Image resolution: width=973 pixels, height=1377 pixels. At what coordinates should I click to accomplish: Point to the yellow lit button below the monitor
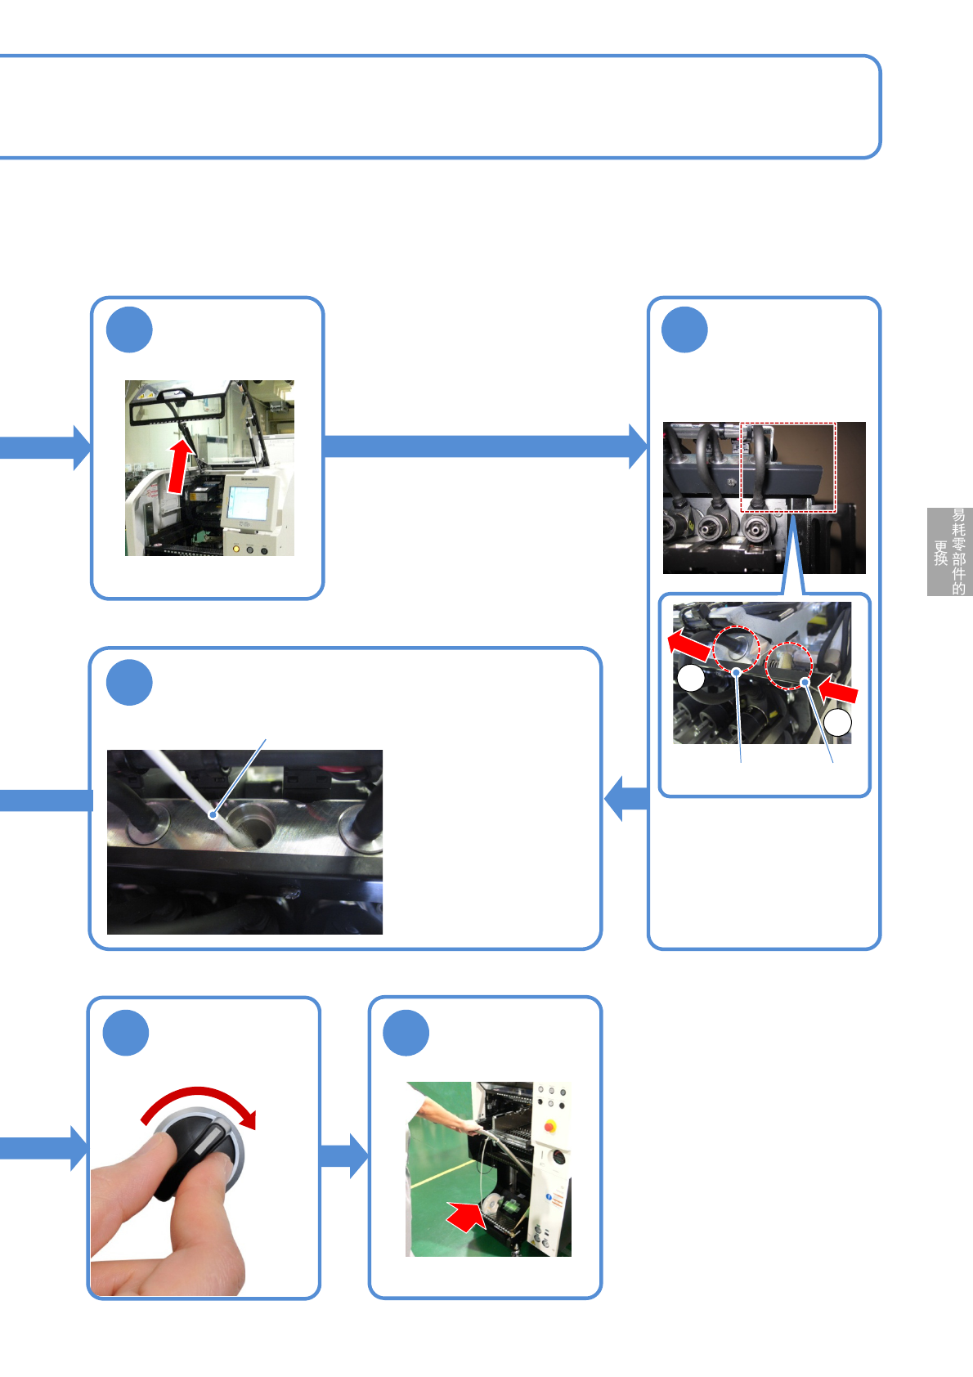pyautogui.click(x=236, y=549)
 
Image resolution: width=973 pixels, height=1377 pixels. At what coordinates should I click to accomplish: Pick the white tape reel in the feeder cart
pyautogui.click(x=493, y=1205)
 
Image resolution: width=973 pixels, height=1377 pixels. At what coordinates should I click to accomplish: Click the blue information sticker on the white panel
pyautogui.click(x=549, y=1196)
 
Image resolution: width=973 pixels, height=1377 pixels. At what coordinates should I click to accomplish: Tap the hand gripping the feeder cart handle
pyautogui.click(x=472, y=1128)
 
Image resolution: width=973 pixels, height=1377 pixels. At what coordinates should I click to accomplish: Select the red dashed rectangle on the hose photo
pyautogui.click(x=788, y=467)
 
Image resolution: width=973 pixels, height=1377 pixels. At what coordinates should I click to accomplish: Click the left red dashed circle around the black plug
pyautogui.click(x=737, y=648)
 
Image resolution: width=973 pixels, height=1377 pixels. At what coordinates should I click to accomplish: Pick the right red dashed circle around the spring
pyautogui.click(x=788, y=665)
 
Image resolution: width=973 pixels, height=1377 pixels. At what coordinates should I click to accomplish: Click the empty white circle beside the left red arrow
pyautogui.click(x=691, y=678)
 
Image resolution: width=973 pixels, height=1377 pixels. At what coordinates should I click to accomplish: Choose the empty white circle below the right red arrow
pyautogui.click(x=837, y=723)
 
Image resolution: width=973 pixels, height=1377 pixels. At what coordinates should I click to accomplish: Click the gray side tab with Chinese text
pyautogui.click(x=949, y=551)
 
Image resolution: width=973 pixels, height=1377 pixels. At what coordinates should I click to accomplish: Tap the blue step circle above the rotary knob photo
pyautogui.click(x=126, y=1033)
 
